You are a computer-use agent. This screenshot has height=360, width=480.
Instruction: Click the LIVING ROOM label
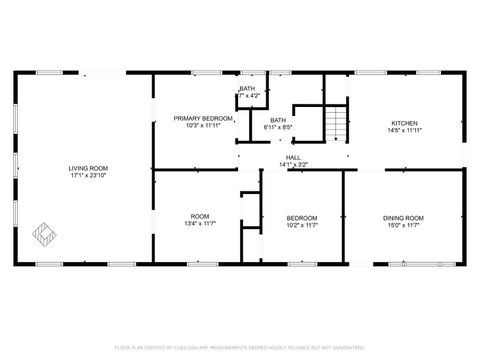pos(88,167)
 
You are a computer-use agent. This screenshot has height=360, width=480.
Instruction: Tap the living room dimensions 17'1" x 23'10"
pos(88,175)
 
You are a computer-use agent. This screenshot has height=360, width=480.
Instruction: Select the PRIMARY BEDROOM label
pos(203,118)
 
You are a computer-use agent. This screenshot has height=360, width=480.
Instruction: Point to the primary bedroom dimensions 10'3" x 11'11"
pos(203,126)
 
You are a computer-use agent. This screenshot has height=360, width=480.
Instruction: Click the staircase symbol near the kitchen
pos(337,125)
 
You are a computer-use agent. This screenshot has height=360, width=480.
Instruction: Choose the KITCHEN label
pos(404,123)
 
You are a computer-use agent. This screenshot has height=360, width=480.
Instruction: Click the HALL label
pos(293,157)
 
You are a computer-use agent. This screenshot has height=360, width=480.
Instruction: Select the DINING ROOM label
pos(404,218)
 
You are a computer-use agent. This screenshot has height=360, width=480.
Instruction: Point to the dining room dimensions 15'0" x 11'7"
pos(404,226)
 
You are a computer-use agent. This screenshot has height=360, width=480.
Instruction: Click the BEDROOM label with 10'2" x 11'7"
pos(302,218)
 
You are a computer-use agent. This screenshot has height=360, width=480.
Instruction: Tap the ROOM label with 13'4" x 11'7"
pos(200,216)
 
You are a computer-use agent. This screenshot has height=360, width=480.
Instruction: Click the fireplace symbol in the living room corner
pos(44,233)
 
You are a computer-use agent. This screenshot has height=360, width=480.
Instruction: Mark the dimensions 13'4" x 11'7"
pos(200,225)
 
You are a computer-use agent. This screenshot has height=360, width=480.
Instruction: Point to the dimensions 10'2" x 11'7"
pos(302,226)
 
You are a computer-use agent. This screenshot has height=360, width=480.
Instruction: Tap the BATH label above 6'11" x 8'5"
pos(278,120)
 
